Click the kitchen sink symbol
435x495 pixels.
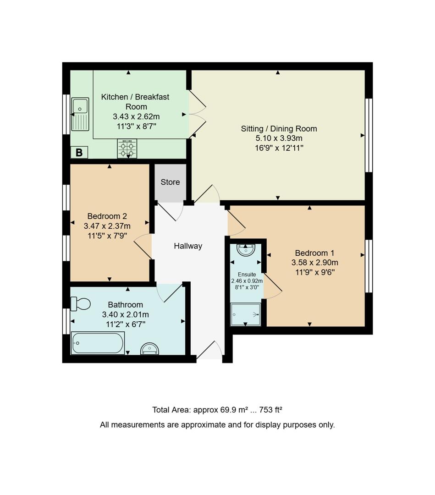[80, 114]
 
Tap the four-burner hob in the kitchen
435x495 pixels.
[127, 148]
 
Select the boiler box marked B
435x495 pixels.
[79, 153]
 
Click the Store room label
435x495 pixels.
[170, 182]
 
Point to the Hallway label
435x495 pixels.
[188, 246]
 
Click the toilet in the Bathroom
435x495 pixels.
[80, 303]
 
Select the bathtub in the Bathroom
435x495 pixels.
[98, 343]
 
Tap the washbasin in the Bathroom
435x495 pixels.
[150, 349]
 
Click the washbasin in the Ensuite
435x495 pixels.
[246, 250]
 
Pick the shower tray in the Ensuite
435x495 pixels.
[245, 315]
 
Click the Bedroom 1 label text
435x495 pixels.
[314, 253]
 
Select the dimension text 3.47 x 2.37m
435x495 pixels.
[107, 226]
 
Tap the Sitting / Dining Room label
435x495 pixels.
[279, 129]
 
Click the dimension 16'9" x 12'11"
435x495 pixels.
[279, 148]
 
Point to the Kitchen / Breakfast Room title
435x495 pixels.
[135, 102]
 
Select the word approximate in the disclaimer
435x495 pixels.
[201, 425]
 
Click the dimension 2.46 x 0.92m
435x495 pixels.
[247, 281]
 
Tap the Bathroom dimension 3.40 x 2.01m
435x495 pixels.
[125, 314]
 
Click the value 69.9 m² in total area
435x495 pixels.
[236, 410]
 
